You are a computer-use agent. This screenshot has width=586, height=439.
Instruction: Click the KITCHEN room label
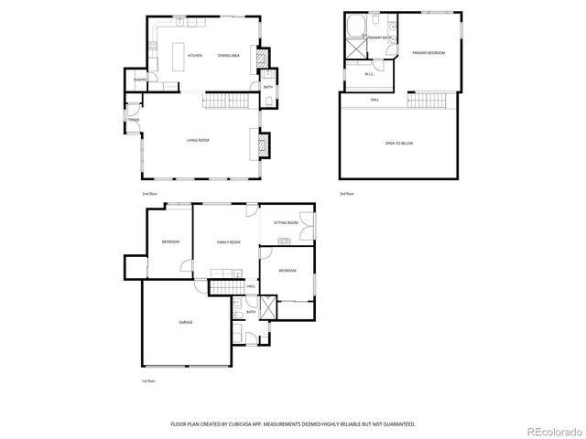point(194,56)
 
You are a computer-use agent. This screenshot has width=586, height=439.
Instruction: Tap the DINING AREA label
point(229,56)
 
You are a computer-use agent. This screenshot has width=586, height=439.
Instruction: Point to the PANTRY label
point(141,80)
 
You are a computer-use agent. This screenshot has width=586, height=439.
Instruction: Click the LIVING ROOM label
point(198,140)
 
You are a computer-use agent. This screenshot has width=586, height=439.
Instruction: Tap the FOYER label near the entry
point(134,120)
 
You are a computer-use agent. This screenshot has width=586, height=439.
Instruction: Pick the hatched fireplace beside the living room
point(265,144)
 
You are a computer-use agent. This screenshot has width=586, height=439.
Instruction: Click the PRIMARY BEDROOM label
point(428,53)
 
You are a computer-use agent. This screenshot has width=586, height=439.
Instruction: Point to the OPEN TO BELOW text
point(399,144)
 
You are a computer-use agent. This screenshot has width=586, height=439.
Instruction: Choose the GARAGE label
point(185,322)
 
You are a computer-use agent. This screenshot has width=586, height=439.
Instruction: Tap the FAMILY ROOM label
point(228,241)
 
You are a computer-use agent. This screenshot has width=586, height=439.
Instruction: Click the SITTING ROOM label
point(287,223)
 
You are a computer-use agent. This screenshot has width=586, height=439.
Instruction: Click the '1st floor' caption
point(147,380)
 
